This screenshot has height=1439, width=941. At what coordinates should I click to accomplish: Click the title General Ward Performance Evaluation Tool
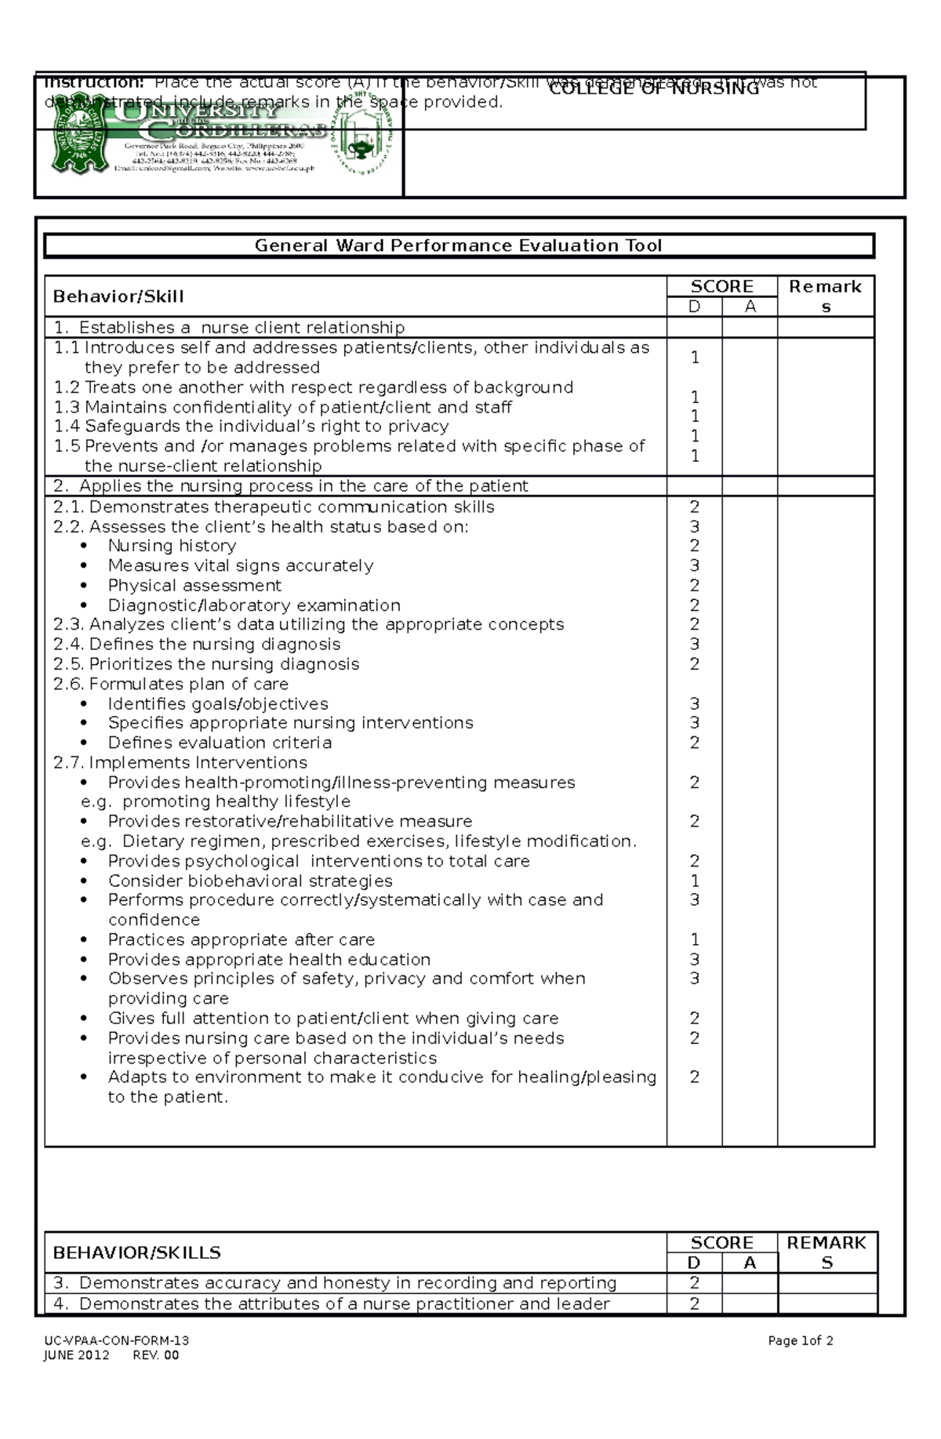458,245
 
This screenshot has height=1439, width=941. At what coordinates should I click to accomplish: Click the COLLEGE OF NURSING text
654,89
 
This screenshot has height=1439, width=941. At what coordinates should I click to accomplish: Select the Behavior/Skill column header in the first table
118,296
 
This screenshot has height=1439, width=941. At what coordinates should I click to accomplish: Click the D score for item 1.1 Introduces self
694,358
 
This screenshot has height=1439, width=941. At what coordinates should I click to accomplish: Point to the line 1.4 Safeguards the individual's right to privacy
251,427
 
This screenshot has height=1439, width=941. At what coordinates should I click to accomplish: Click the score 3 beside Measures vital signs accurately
694,565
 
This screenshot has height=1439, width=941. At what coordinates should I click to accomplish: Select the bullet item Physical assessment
194,586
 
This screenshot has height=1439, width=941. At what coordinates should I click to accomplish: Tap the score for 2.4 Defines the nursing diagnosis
694,645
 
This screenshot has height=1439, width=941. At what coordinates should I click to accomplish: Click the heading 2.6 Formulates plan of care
171,684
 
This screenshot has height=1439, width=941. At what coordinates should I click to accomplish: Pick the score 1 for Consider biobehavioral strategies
694,881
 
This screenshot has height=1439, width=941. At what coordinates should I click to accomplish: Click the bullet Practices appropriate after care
241,939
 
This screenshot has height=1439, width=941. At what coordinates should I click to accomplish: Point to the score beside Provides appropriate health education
694,959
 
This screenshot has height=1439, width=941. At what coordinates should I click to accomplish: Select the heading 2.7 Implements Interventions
180,762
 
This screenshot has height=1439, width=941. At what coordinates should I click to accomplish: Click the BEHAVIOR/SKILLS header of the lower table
136,1252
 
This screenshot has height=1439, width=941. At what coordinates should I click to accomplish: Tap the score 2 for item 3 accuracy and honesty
694,1283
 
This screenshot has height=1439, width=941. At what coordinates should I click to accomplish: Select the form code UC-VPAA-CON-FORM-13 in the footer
116,1340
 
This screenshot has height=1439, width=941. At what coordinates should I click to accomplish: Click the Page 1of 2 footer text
800,1340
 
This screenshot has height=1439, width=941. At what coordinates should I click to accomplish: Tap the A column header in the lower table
750,1263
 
